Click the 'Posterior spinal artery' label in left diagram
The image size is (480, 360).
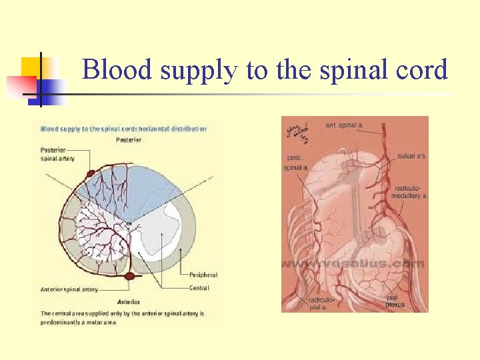pyautogui.click(x=58, y=155)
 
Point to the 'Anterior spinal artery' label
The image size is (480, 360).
pyautogui.click(x=69, y=289)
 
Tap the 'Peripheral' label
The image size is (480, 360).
pyautogui.click(x=203, y=275)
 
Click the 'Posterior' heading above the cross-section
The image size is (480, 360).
pyautogui.click(x=128, y=140)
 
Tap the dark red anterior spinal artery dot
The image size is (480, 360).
pyautogui.click(x=129, y=275)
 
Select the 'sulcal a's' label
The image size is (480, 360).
pyautogui.click(x=411, y=155)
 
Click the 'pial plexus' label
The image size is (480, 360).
pyautogui.click(x=395, y=302)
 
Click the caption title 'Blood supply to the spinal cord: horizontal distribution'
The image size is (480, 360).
pyautogui.click(x=124, y=129)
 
